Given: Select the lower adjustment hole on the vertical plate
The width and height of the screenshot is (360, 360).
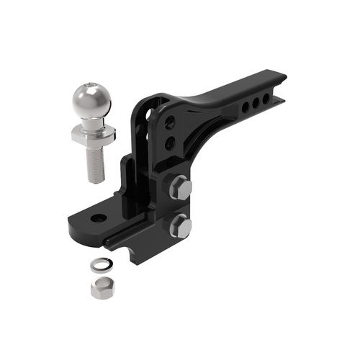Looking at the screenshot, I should pos(170,143).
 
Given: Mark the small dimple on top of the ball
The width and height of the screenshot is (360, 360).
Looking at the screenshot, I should pos(87,86).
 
